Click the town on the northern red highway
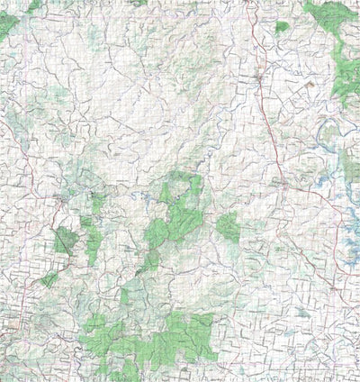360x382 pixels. (258, 79)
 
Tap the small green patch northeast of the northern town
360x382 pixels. (282, 27)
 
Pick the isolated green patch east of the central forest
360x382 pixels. (228, 227)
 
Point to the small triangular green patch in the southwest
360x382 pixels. (49, 279)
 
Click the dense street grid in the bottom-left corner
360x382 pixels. (11, 324)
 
